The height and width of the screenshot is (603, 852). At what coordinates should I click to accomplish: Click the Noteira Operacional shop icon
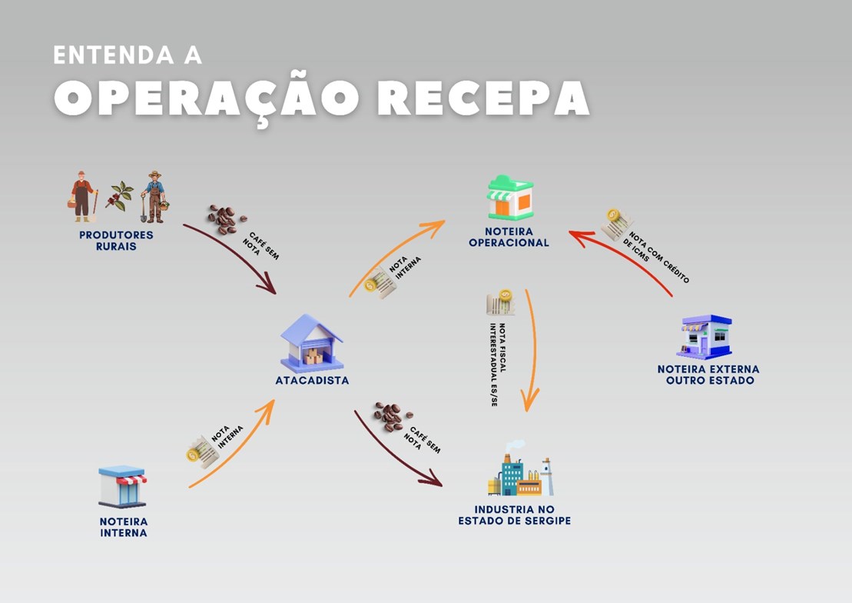click(510, 198)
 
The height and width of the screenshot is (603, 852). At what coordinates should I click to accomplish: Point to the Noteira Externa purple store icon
click(704, 336)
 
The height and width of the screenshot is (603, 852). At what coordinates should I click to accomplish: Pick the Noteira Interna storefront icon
click(122, 486)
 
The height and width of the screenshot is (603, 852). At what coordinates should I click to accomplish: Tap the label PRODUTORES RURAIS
click(116, 240)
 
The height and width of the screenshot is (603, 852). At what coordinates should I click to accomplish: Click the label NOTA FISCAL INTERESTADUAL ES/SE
click(492, 365)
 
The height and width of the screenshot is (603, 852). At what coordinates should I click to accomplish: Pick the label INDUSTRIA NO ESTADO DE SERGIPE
click(514, 515)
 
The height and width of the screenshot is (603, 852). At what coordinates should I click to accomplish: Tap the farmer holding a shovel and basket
click(155, 197)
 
